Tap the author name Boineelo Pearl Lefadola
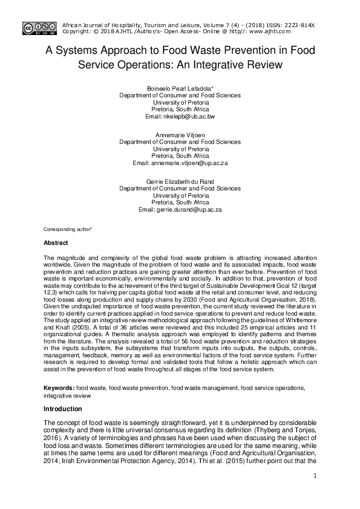click(180, 88)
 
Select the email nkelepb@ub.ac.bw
click(180, 115)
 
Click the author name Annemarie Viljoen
click(180, 135)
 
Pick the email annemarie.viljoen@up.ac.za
click(180, 163)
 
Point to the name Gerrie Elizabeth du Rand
click(180, 182)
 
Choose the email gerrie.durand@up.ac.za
click(180, 209)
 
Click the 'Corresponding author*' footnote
click(67, 230)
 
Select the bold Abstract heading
click(56, 242)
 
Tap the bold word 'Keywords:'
click(59, 387)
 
